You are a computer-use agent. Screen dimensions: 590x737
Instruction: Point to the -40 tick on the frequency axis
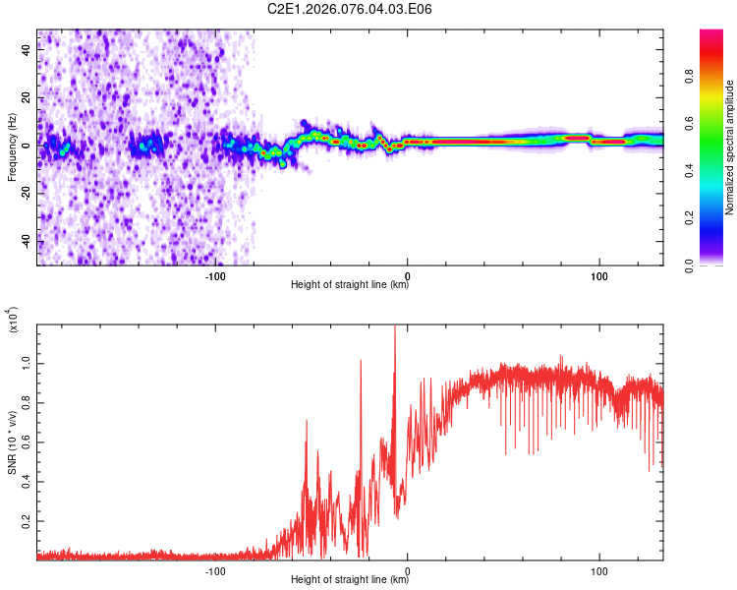coord(25,241)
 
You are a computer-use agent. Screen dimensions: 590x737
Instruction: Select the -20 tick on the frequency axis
coord(25,194)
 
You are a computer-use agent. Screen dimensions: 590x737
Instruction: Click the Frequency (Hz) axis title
coord(12,147)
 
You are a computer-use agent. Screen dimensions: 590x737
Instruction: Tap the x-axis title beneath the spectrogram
coord(350,285)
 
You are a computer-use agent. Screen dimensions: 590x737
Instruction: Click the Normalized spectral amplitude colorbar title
coord(729,147)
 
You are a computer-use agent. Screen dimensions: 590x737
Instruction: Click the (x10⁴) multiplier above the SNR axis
coord(12,321)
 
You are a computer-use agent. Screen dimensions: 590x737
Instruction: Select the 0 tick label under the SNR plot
coord(408,570)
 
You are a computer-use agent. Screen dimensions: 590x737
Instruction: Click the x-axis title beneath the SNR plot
coord(350,580)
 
